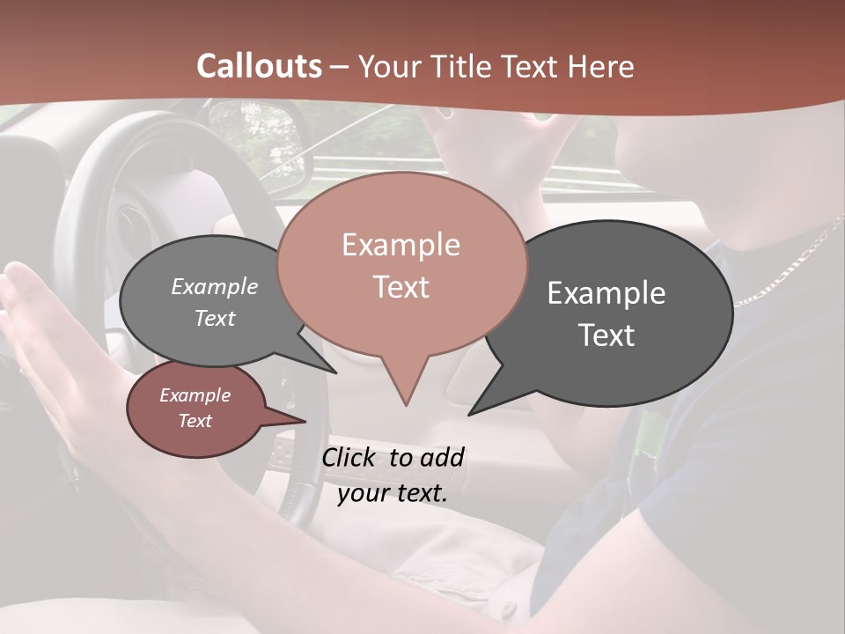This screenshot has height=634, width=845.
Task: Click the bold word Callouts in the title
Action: click(259, 66)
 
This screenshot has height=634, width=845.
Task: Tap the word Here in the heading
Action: click(600, 66)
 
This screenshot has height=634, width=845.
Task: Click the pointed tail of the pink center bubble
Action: click(405, 387)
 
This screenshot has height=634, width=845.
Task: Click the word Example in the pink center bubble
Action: click(401, 245)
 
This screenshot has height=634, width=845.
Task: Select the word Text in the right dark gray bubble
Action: click(606, 335)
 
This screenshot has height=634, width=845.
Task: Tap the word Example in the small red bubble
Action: click(195, 395)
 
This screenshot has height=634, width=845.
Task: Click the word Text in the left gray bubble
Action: click(215, 319)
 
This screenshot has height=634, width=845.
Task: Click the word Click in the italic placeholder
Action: click(350, 457)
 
